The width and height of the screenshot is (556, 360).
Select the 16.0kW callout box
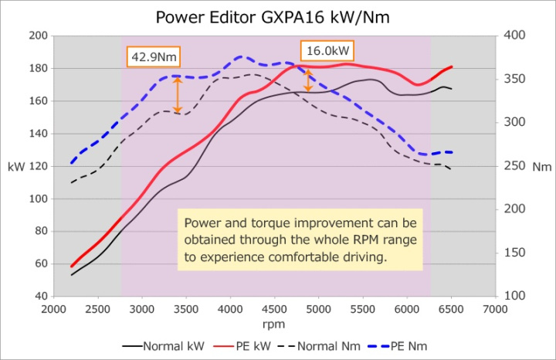tap(327, 51)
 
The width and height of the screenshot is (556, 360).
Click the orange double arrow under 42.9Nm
tap(178, 95)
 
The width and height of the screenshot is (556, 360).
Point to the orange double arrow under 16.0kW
tap(308, 80)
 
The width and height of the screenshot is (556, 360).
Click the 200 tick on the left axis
tap(38, 36)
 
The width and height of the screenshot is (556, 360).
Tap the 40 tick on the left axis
tap(40, 297)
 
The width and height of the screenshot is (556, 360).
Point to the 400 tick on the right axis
tap(515, 36)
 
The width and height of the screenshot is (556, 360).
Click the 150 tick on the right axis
tap(515, 253)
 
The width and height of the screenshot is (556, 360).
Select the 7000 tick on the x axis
tap(495, 311)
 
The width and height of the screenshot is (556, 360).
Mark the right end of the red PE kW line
tap(452, 66)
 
